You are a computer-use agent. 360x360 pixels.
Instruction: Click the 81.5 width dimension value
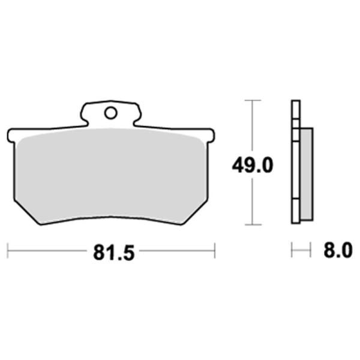click(113, 253)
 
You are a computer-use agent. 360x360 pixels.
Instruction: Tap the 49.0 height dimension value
click(253, 166)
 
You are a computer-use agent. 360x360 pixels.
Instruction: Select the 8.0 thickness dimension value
click(338, 250)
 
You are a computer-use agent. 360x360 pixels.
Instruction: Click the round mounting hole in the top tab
click(110, 113)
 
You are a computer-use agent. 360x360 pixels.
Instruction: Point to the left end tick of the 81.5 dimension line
click(8, 250)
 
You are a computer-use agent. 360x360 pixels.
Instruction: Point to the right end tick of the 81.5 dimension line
click(215, 250)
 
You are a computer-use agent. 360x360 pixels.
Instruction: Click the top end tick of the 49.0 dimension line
click(253, 100)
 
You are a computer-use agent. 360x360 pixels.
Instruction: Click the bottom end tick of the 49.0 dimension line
click(253, 224)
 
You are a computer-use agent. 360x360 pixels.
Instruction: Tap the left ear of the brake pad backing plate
click(11, 136)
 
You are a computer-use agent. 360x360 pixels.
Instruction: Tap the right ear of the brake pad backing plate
click(211, 136)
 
